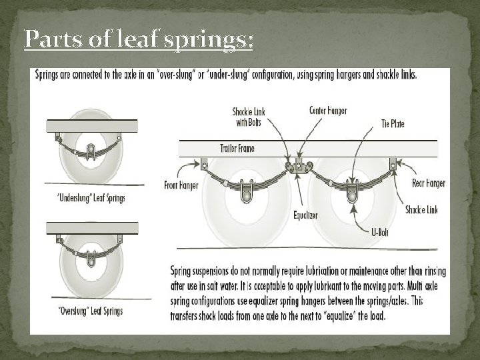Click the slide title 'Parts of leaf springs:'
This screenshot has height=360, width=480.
tap(138, 40)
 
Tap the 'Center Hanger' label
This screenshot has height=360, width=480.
tap(328, 109)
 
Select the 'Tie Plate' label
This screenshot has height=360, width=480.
tap(394, 123)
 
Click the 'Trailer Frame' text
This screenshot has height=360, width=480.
tap(238, 147)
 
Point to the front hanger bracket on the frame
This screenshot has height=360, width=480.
tap(204, 162)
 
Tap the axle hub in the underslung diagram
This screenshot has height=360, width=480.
tap(91, 148)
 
